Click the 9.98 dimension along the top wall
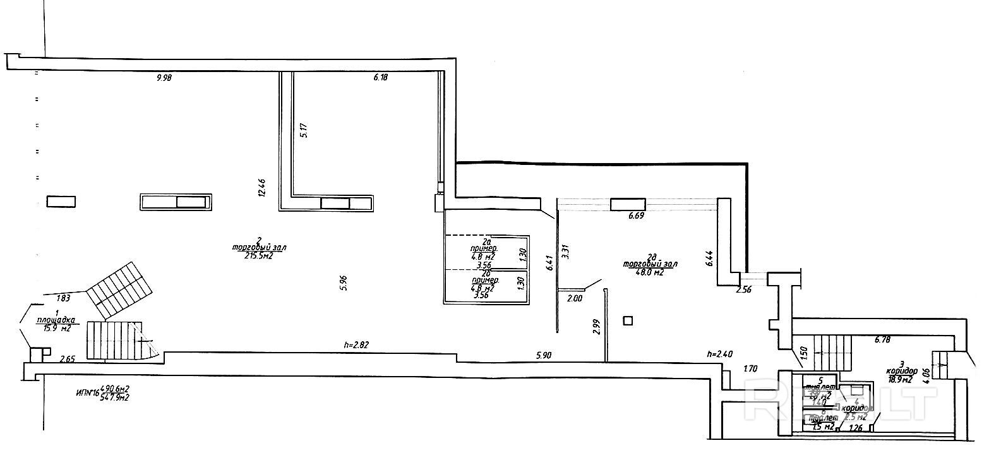pyautogui.click(x=164, y=78)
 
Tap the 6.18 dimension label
pyautogui.click(x=380, y=78)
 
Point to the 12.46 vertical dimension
pyautogui.click(x=261, y=188)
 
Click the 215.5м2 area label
pyautogui.click(x=258, y=255)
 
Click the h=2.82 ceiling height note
pyautogui.click(x=356, y=345)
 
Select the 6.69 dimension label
pyautogui.click(x=636, y=216)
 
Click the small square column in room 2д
pyautogui.click(x=627, y=320)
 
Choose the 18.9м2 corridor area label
pyautogui.click(x=897, y=380)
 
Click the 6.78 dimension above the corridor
pyautogui.click(x=882, y=340)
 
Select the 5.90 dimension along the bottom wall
pyautogui.click(x=544, y=356)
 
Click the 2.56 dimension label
pyautogui.click(x=745, y=291)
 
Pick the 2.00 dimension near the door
pyautogui.click(x=575, y=298)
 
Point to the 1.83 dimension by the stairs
pyautogui.click(x=63, y=298)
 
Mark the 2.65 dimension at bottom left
pyautogui.click(x=68, y=359)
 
